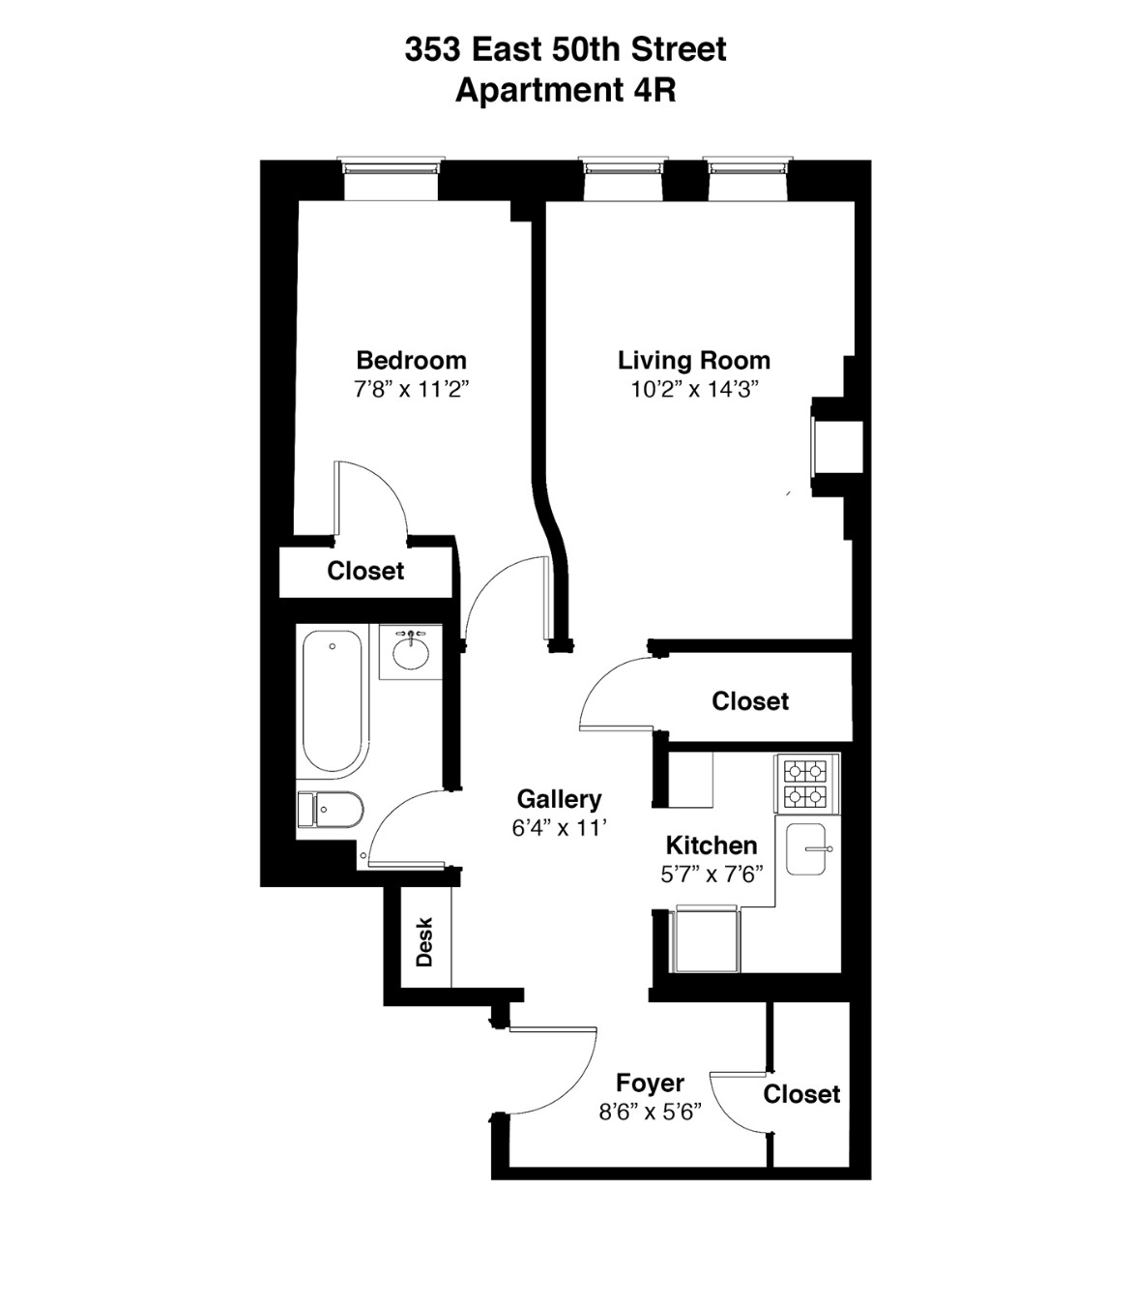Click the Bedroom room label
coord(411,361)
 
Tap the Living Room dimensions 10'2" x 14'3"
coord(693,390)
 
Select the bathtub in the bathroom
coord(333,700)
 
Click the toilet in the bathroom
coord(331,809)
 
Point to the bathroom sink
coord(411,651)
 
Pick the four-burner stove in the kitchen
coord(805,784)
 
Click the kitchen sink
coord(806,848)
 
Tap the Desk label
coord(424,942)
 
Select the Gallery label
coord(559,799)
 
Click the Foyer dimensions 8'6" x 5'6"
coord(651,1112)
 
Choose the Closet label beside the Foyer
coord(801,1094)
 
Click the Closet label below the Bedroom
coord(365,571)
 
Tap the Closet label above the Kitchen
coord(750,701)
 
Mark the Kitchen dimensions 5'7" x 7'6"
coord(712,875)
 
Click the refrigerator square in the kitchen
coord(706,938)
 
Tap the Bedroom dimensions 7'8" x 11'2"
coord(411,390)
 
